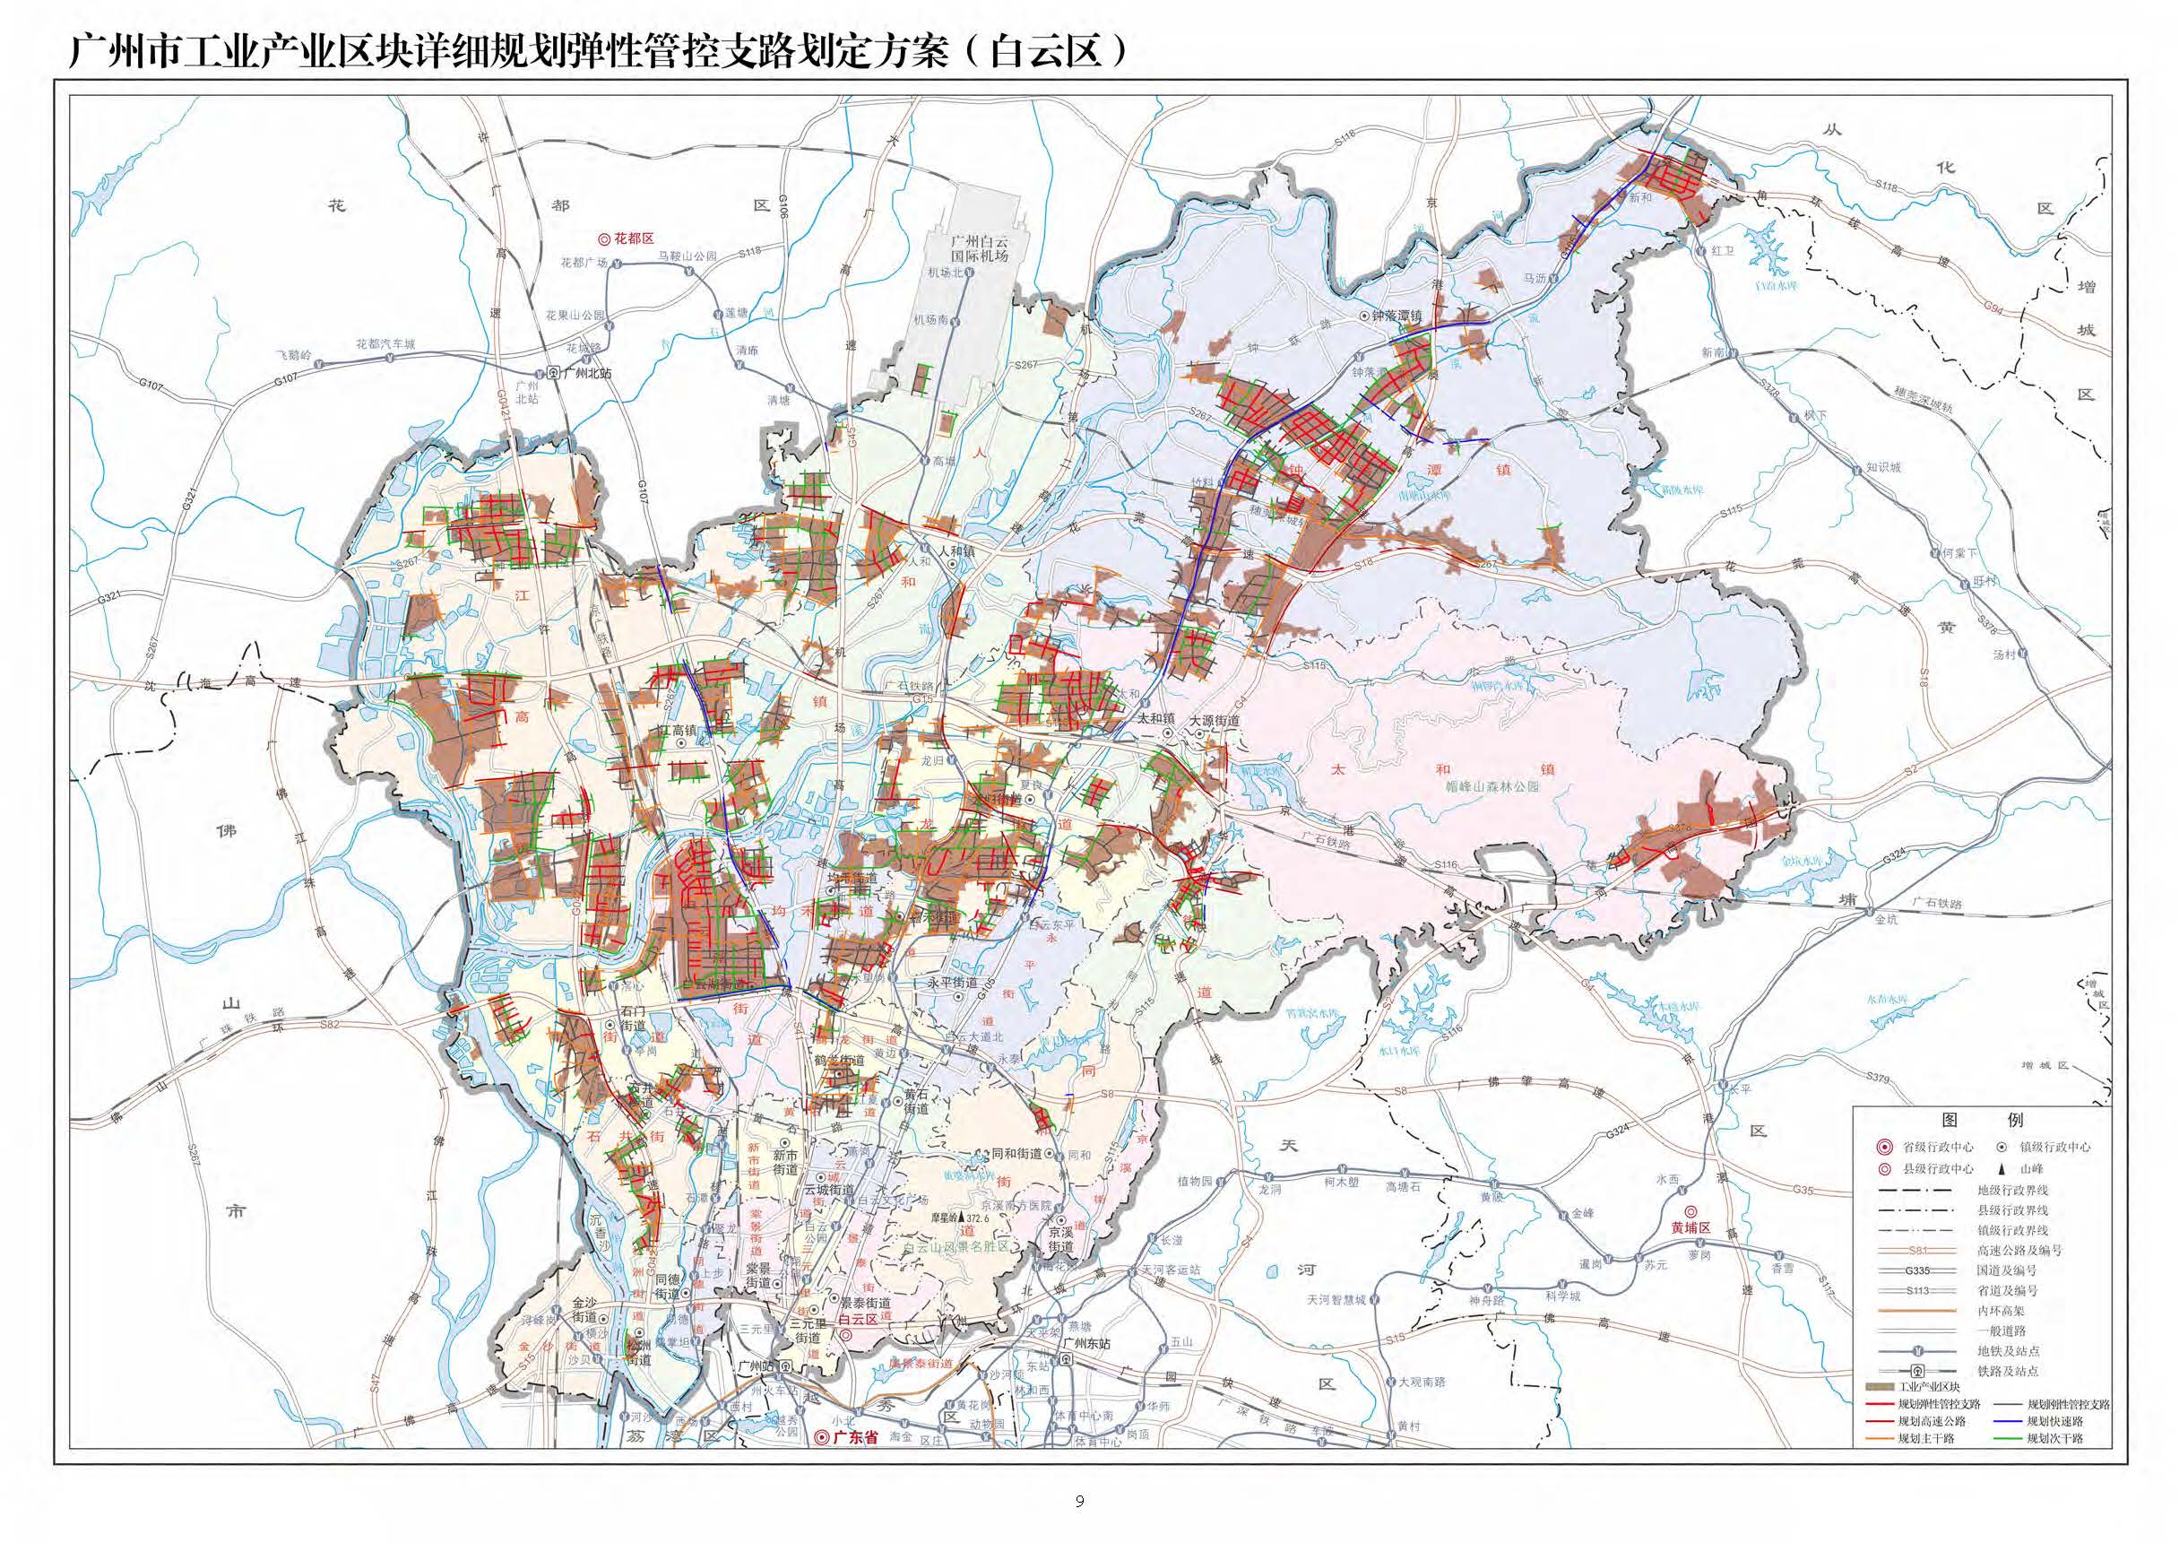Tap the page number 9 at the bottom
point(1079,1502)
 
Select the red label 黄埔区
point(1690,1227)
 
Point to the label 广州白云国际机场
point(980,249)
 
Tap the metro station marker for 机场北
point(970,273)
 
